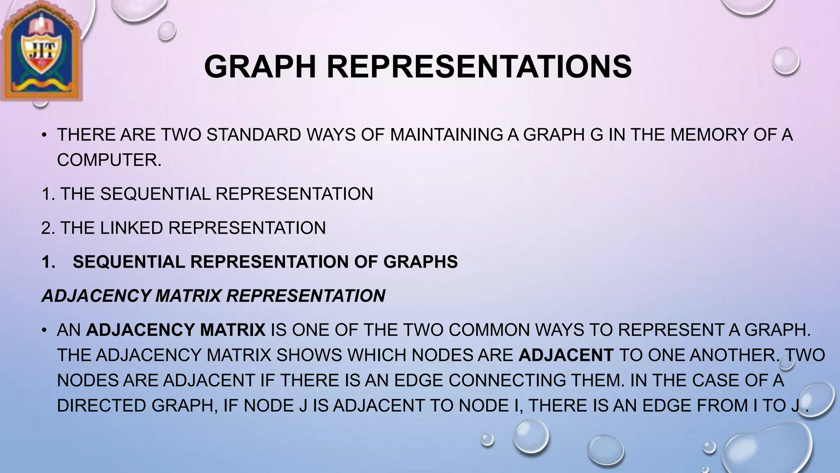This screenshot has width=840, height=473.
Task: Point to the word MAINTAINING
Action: [446, 135]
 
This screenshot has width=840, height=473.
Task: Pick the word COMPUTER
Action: [109, 160]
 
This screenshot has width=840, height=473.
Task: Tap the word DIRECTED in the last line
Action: [102, 406]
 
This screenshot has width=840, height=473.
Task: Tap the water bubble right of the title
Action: [785, 61]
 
